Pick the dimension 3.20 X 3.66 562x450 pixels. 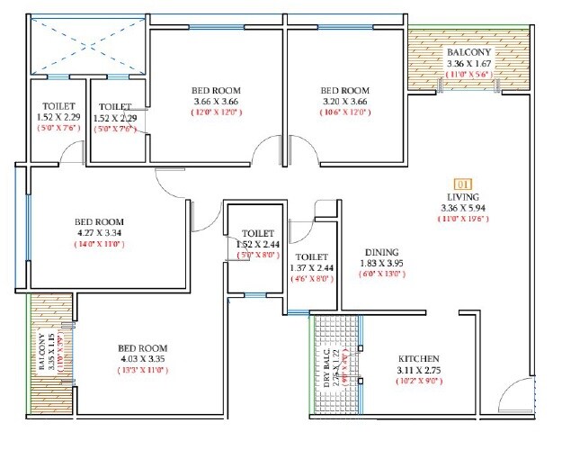[345, 103]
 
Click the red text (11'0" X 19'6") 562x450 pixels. [466, 220]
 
